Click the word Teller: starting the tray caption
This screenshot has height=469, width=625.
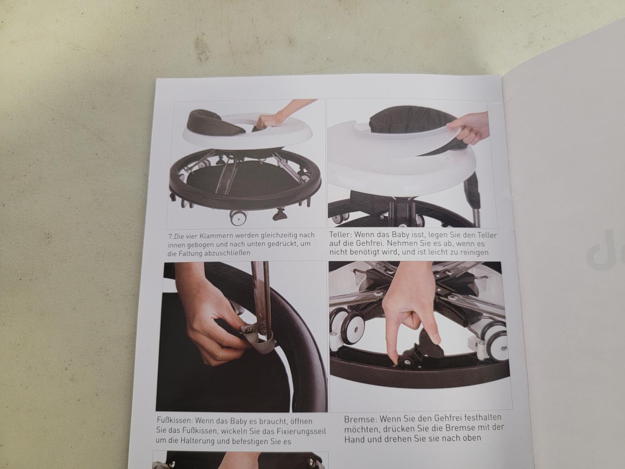click(x=340, y=235)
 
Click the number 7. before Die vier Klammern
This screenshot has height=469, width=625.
click(x=171, y=236)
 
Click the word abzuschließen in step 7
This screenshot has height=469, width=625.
click(x=227, y=253)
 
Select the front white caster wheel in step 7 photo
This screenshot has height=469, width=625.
click(x=237, y=218)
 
